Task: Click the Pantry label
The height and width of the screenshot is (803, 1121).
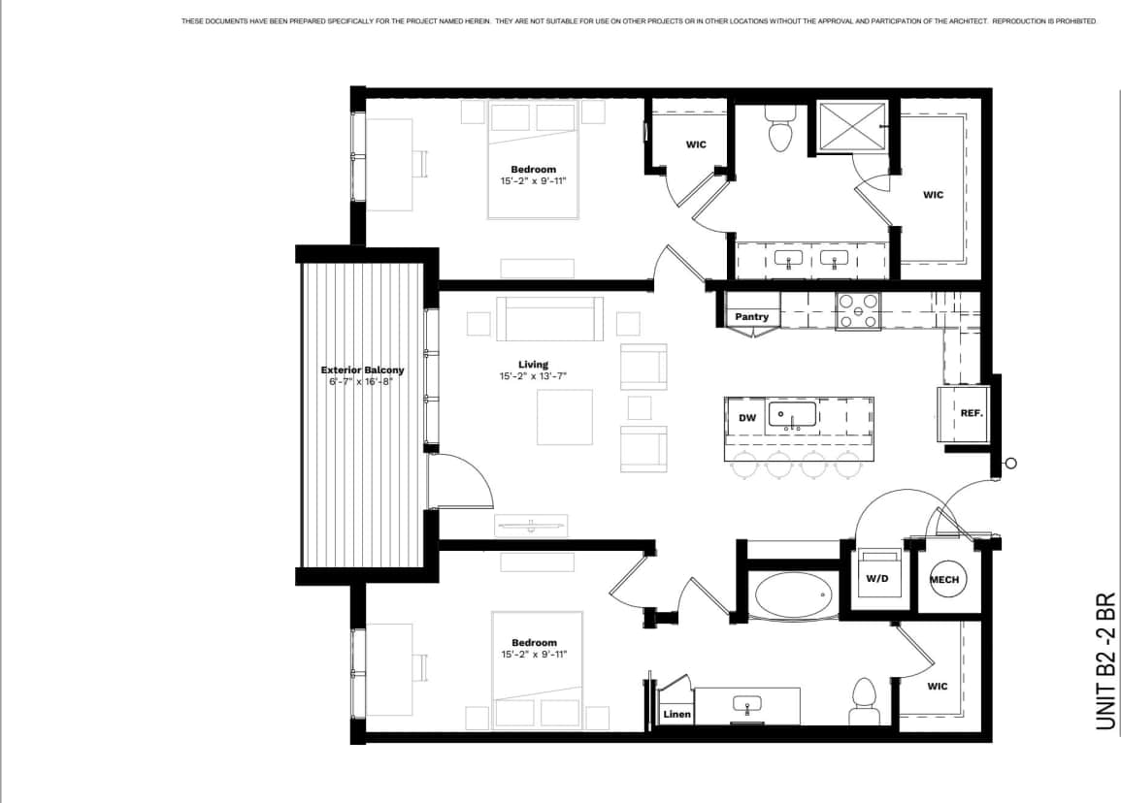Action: coord(751,317)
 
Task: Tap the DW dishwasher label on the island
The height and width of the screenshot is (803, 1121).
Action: coord(746,418)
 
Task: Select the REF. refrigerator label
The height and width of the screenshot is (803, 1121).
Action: coord(971,412)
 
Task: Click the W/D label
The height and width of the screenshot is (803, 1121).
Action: coord(876,579)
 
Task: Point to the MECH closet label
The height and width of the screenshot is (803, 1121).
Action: coord(943,580)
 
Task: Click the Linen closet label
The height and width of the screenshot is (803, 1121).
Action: coord(676,715)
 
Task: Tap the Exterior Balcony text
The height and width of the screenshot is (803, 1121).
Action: coord(362,369)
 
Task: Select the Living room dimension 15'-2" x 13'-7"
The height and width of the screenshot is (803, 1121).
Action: coord(533,376)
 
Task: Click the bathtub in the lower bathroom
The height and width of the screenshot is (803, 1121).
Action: coord(794,595)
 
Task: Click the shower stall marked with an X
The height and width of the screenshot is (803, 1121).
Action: coord(851,126)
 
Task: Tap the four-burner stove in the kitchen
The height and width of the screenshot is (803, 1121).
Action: coord(858,311)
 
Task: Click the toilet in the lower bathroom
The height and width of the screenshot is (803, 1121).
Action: coord(863,699)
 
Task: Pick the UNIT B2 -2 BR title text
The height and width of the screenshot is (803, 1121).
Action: coord(1105,662)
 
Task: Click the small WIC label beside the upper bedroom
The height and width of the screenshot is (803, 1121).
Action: coord(696,145)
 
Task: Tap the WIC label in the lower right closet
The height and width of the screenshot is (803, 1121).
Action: coord(937,687)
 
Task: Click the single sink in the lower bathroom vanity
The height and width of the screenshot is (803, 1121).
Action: coord(746,705)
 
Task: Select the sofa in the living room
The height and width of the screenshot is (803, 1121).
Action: coord(549,319)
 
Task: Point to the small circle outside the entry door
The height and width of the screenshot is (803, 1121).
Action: coord(1010,464)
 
